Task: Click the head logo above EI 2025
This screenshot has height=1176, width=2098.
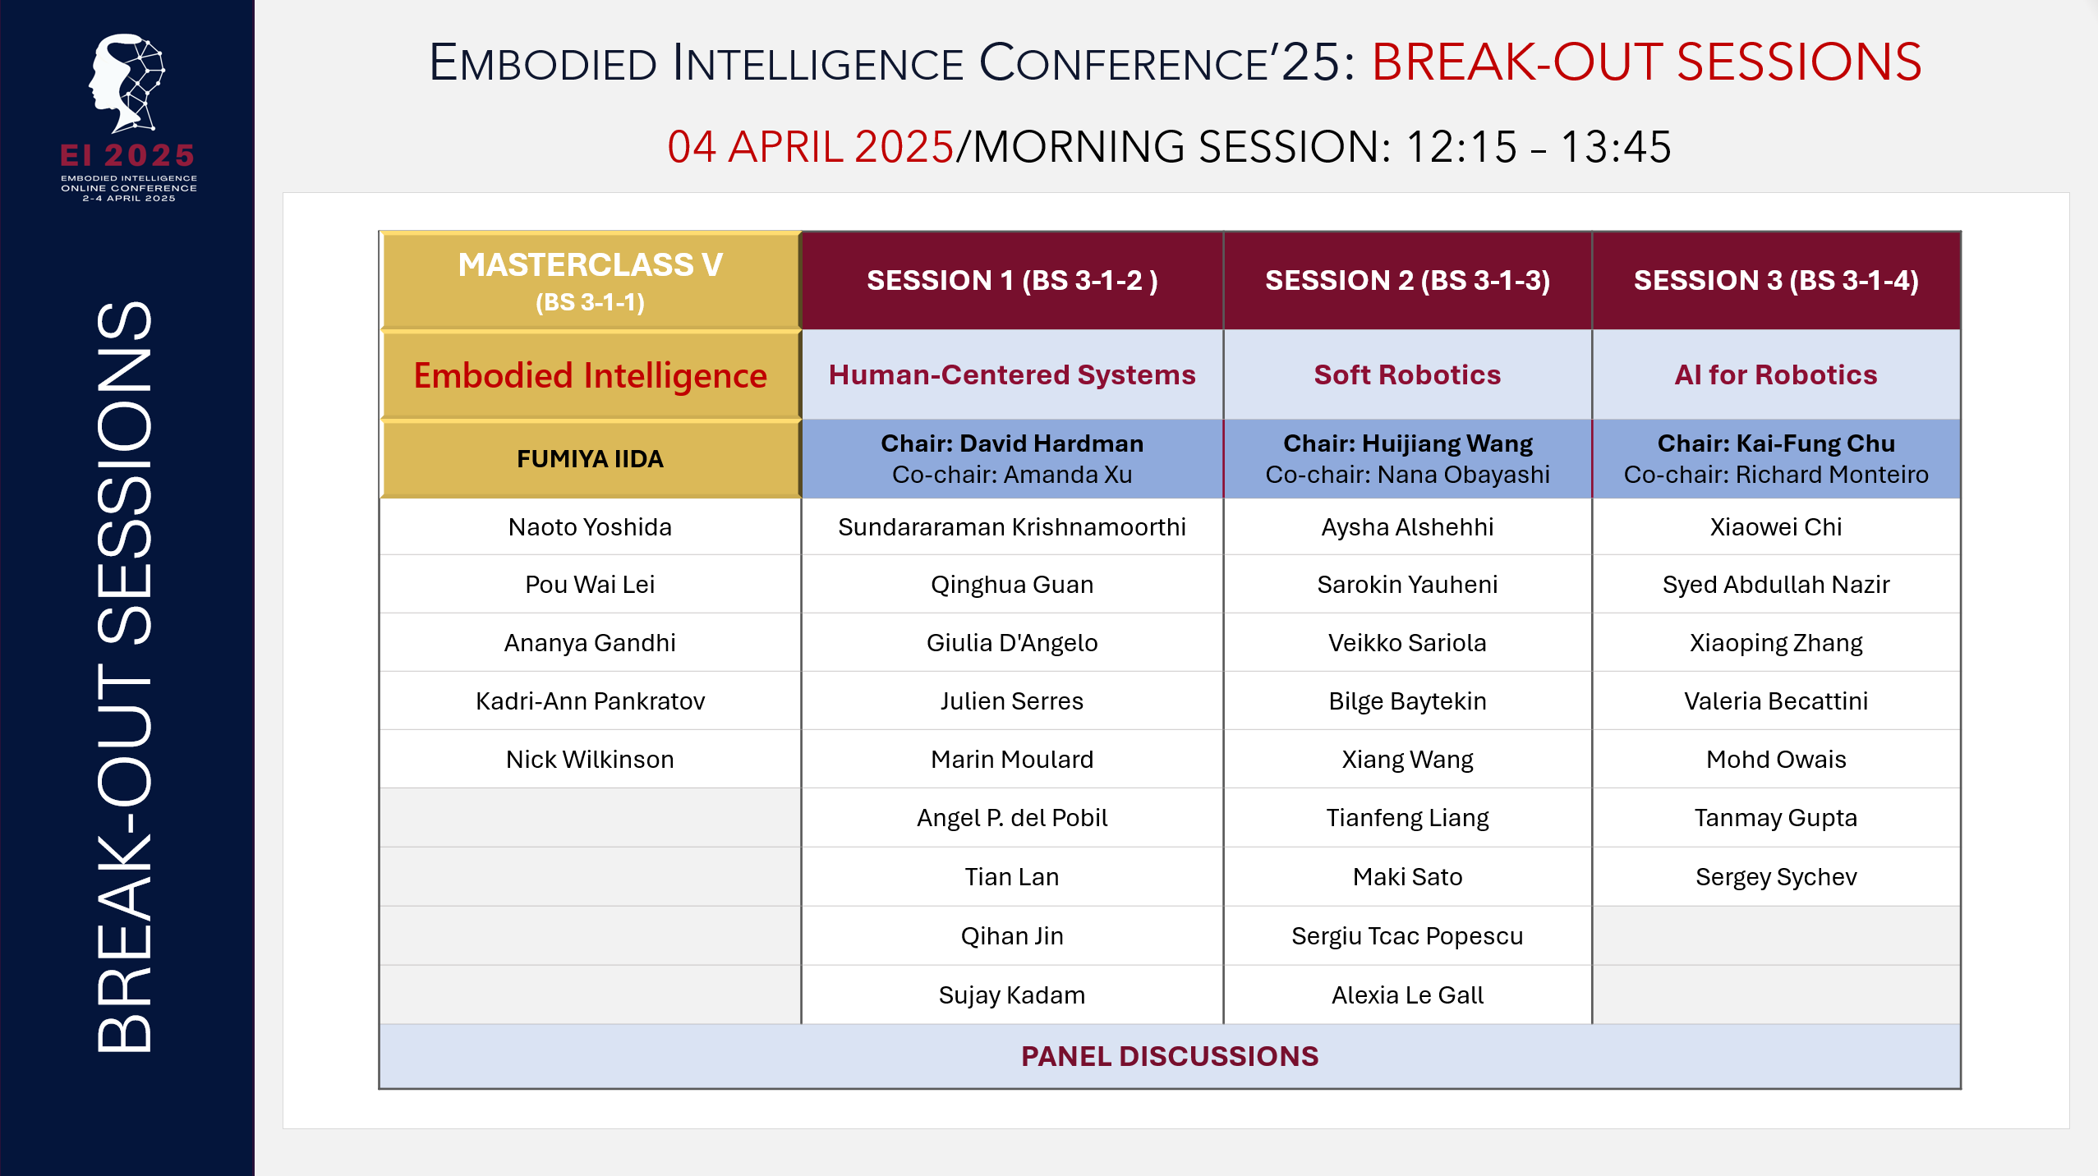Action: coord(127,83)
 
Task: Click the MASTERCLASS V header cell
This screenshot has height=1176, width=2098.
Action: coord(590,280)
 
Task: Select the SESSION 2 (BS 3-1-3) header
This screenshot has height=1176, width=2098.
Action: coord(1407,281)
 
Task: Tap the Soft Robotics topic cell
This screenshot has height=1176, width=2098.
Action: coord(1407,374)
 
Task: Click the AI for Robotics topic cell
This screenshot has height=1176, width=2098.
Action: coord(1775,374)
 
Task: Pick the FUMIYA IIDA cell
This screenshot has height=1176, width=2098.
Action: coord(590,458)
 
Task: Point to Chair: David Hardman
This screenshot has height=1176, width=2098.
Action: coord(1011,443)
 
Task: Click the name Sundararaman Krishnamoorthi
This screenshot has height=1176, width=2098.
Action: coord(1011,526)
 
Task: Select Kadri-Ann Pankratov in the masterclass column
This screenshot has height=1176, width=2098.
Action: coord(590,701)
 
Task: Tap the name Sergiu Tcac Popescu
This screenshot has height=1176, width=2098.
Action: coord(1407,935)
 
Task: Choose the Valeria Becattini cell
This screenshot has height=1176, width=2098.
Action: coord(1775,701)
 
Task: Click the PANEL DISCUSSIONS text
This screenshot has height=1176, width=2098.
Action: coord(1169,1056)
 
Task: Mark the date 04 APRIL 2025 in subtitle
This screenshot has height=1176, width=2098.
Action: coord(810,147)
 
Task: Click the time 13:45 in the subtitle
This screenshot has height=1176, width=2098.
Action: coord(1615,147)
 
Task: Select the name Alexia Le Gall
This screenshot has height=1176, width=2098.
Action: coord(1407,995)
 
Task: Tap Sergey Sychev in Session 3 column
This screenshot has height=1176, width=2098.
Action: coord(1775,876)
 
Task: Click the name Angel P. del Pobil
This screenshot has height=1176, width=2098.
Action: coord(1011,817)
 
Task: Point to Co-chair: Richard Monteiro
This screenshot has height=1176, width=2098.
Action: coord(1775,475)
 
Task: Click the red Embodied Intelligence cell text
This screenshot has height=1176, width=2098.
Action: coord(590,375)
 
